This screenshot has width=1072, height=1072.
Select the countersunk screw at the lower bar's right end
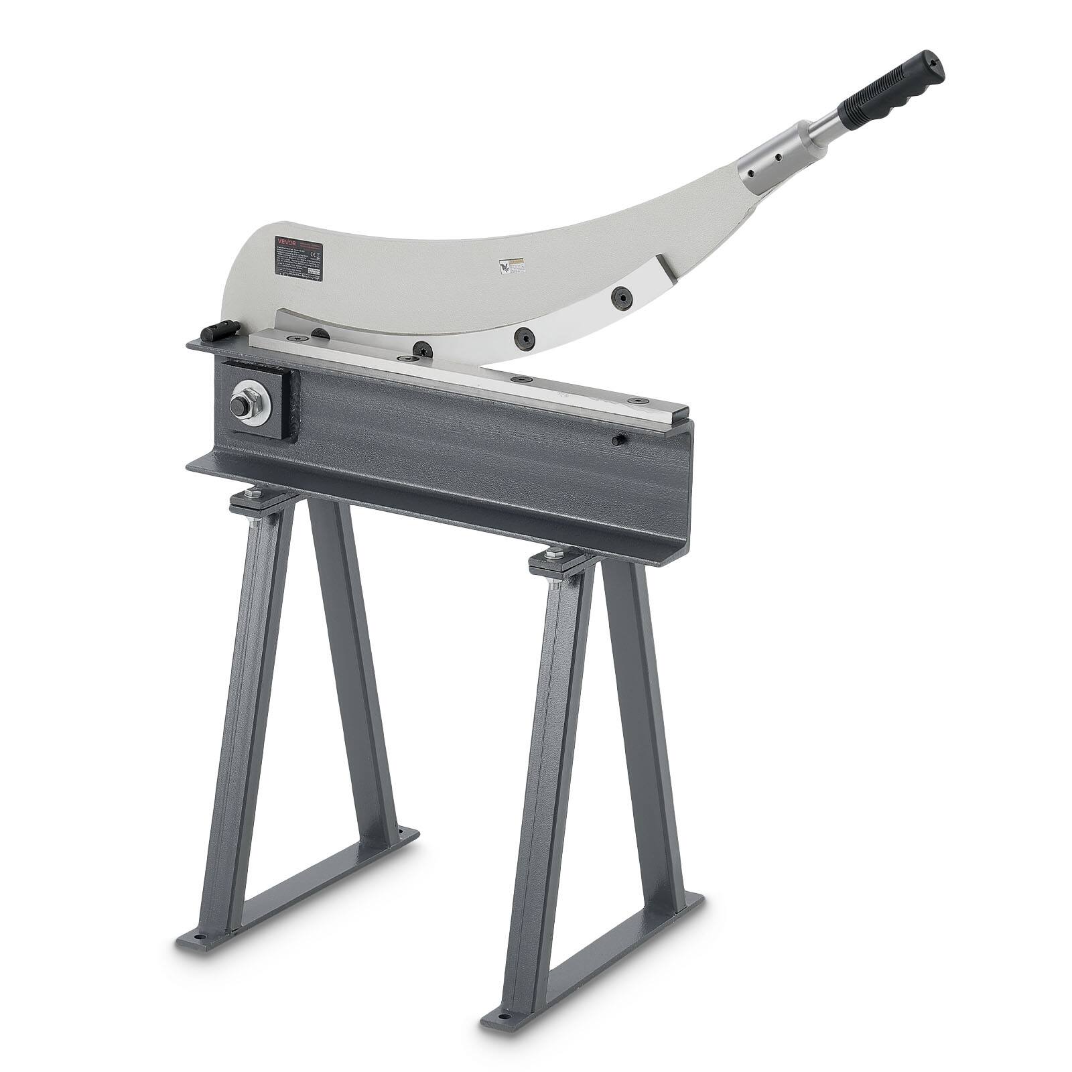(x=633, y=400)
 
